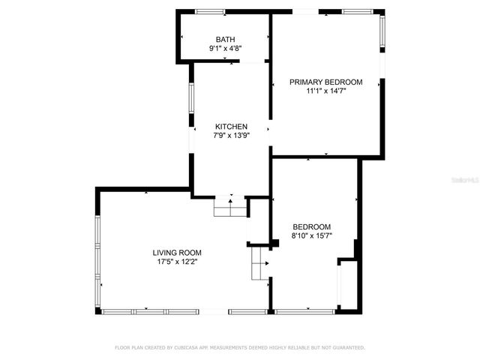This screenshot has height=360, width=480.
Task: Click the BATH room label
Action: (225, 39)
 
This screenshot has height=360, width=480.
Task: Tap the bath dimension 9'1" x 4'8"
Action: (225, 49)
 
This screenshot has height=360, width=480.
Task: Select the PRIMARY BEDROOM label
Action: (326, 82)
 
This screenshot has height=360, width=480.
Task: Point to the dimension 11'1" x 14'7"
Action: (326, 91)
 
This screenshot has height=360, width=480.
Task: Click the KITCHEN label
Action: (231, 126)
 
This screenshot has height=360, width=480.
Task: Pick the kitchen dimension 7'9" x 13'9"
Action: (231, 136)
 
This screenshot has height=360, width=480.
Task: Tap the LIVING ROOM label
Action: (177, 253)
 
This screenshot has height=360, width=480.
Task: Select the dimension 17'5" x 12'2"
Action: (177, 262)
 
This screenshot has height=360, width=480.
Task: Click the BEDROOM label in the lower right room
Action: (311, 226)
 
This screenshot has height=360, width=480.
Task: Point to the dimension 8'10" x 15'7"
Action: (311, 236)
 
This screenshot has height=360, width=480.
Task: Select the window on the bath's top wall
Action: (210, 11)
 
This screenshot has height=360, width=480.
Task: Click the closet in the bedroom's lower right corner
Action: (348, 285)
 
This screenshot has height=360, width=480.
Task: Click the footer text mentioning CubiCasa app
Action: (239, 348)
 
